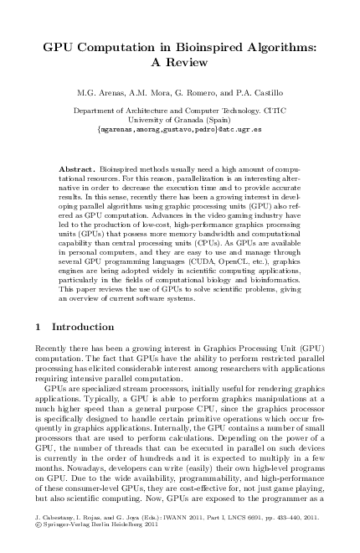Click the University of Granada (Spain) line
180,120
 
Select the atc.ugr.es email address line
180,130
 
